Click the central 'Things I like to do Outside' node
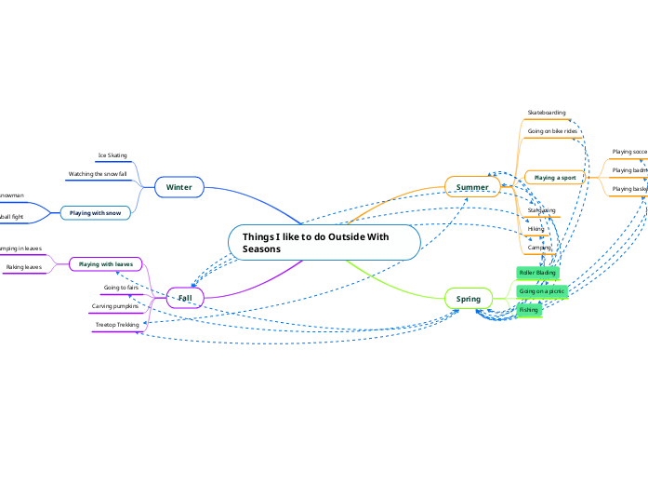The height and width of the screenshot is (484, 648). (x=324, y=242)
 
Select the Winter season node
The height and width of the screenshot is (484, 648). (x=179, y=187)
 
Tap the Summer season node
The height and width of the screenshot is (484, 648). (x=472, y=187)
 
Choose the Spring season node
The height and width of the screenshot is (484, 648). (x=469, y=299)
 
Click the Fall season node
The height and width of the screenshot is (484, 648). (x=184, y=298)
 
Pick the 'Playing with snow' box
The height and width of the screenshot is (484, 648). (x=95, y=213)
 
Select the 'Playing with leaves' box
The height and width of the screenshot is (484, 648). (x=105, y=264)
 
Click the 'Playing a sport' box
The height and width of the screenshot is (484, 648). (x=555, y=177)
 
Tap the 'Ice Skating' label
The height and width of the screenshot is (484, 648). (x=112, y=155)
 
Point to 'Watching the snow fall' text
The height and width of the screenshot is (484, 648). (x=98, y=174)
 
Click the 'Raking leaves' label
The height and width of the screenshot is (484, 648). (x=23, y=267)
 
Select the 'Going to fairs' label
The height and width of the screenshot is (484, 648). (x=121, y=288)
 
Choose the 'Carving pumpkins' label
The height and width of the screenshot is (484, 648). (x=115, y=305)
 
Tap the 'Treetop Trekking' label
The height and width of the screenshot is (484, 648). (x=117, y=325)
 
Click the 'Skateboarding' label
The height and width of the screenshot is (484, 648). (x=547, y=113)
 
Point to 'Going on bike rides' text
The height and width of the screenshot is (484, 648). (x=552, y=131)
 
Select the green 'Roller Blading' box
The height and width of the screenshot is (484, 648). (x=537, y=273)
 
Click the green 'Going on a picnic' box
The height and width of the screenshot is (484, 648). (x=542, y=291)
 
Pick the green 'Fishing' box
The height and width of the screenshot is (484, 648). (x=529, y=310)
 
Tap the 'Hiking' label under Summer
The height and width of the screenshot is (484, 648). (x=536, y=228)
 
